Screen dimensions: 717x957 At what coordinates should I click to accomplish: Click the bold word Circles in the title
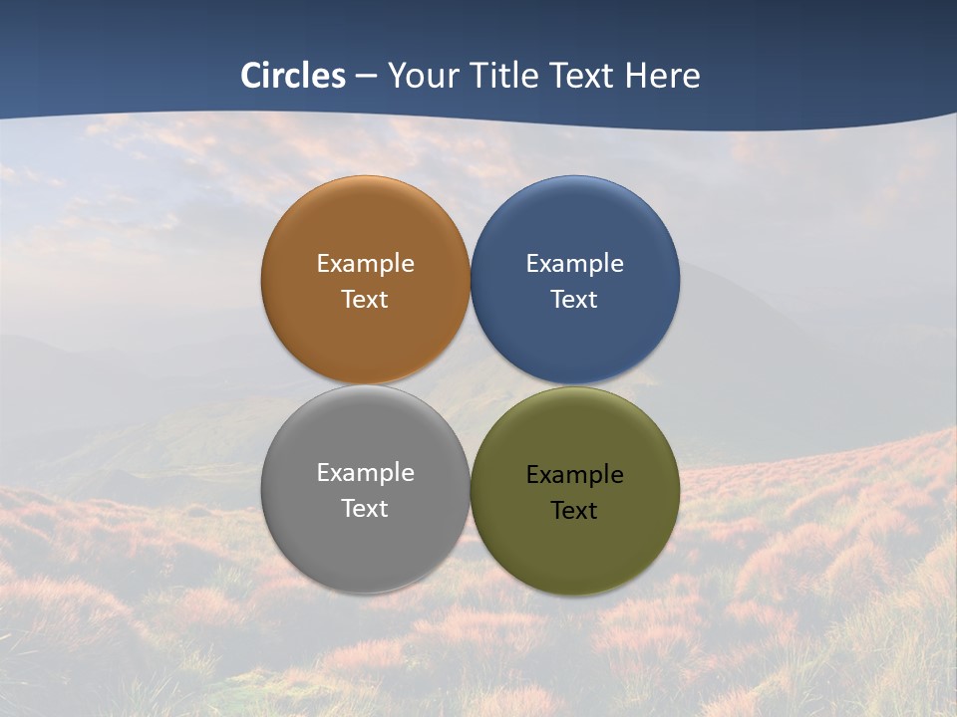(x=293, y=76)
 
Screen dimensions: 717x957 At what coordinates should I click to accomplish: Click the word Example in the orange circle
(x=365, y=264)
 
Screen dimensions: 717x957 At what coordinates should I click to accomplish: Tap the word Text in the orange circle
(x=365, y=300)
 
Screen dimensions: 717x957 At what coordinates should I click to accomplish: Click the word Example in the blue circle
(x=574, y=264)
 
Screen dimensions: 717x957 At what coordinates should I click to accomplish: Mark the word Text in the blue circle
(x=574, y=300)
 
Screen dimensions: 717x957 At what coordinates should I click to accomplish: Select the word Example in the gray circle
(x=365, y=473)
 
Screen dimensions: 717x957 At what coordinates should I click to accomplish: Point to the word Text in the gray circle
(x=365, y=509)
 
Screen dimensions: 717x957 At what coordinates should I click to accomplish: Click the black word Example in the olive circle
(x=574, y=475)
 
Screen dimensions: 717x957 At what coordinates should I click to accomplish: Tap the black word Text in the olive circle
(x=574, y=511)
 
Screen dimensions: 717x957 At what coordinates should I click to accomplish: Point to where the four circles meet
(x=470, y=385)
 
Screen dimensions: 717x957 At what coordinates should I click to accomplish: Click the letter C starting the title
(x=251, y=76)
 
